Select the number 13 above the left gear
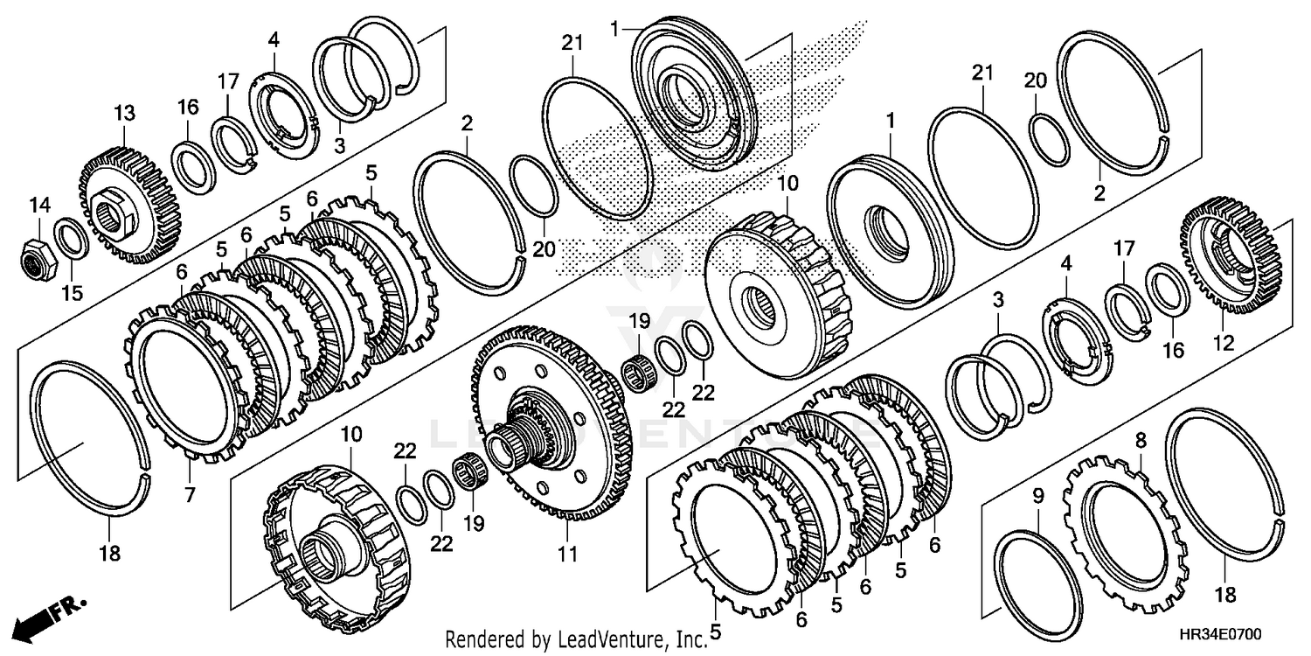[124, 114]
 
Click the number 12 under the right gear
[1223, 345]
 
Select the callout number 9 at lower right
[1037, 497]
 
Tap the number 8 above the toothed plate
[1140, 441]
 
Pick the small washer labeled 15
[71, 240]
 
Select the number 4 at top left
[274, 39]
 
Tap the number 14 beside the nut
[38, 206]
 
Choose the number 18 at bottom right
[1225, 596]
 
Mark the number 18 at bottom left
[110, 554]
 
